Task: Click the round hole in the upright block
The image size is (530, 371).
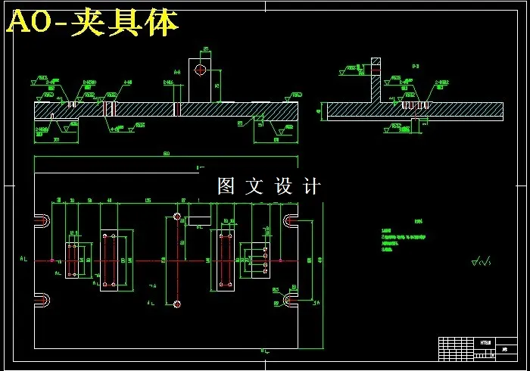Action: pos(200,70)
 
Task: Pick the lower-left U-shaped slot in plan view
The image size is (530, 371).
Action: pos(42,301)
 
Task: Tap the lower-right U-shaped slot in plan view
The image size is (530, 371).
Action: pos(291,301)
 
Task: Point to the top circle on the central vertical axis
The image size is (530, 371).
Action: pos(177,217)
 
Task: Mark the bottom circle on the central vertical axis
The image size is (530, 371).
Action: pos(177,304)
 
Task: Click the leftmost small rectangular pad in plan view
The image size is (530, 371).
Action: pos(72,259)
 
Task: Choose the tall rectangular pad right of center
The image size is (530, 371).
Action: pos(224,260)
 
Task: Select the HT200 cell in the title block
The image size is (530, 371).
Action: pos(485,342)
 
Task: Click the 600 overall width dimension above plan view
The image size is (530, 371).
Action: pos(166,155)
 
